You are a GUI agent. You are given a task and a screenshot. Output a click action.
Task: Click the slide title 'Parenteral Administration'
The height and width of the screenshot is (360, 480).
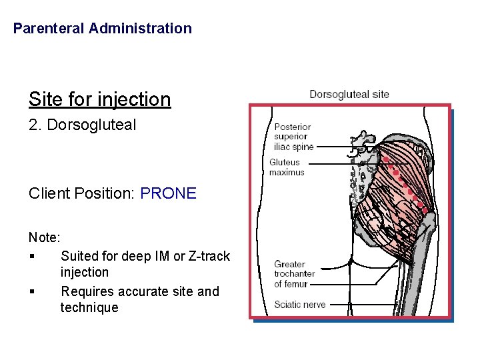(x=102, y=29)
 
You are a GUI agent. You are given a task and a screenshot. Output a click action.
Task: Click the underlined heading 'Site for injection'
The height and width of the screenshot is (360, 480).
(x=99, y=100)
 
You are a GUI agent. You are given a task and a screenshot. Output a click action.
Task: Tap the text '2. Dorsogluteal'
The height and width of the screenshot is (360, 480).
(x=82, y=125)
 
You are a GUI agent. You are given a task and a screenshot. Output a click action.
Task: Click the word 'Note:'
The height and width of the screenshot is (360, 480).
(x=44, y=237)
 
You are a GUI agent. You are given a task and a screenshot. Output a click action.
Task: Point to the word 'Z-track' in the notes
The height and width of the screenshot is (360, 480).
(x=207, y=256)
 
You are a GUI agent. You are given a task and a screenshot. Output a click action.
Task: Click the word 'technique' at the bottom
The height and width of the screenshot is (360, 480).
(x=89, y=308)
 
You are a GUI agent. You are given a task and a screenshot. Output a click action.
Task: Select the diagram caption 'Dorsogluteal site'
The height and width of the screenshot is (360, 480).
(x=349, y=95)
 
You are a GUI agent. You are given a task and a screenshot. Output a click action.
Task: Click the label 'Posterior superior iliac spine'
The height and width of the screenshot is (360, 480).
(x=293, y=137)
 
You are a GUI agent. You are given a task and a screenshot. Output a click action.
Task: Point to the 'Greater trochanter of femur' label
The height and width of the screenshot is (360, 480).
(x=294, y=274)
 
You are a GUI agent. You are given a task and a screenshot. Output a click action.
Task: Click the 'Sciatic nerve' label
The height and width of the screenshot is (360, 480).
(x=300, y=305)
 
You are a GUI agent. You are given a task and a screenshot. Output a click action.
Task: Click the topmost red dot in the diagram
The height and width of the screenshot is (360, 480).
(x=385, y=160)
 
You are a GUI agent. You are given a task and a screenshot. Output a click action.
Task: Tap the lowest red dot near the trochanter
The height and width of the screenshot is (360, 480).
(x=425, y=211)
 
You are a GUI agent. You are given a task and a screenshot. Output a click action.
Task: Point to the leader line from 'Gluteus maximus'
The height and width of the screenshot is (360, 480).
(x=333, y=163)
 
